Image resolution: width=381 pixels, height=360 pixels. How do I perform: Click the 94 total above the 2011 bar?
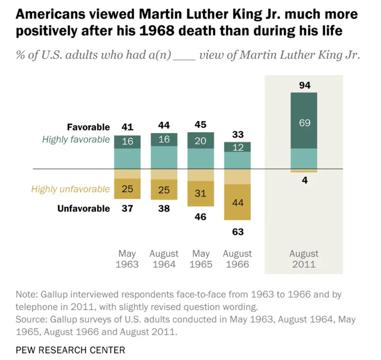[305, 85]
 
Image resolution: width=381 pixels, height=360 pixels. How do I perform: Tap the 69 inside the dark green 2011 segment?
[305, 123]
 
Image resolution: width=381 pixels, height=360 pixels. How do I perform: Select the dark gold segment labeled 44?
[238, 202]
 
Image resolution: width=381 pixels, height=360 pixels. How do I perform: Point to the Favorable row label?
[89, 127]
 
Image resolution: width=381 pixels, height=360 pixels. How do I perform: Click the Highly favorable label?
[76, 139]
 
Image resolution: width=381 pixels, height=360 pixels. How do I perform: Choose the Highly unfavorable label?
[71, 189]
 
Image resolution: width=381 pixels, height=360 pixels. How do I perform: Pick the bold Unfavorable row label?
[83, 208]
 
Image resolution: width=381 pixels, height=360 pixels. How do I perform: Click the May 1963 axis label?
[127, 259]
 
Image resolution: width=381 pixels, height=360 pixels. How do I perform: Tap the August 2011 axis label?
[304, 259]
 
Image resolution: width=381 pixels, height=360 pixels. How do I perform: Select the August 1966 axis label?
[238, 259]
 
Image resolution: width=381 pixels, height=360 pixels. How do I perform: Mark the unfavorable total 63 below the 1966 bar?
[238, 232]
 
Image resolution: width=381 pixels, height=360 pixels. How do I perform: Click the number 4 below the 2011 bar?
[305, 180]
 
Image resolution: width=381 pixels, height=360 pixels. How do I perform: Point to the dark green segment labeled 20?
[201, 141]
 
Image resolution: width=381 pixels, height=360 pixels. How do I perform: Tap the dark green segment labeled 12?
[238, 147]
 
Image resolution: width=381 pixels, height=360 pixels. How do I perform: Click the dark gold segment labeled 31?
[201, 194]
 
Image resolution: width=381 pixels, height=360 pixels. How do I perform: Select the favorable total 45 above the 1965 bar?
[201, 124]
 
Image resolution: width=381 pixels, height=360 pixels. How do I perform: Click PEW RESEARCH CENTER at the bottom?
[71, 350]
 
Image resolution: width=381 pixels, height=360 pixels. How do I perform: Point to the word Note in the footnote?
[26, 294]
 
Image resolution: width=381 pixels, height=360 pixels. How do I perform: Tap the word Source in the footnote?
[30, 320]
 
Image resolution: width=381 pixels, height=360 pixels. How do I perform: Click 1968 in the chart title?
[157, 31]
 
